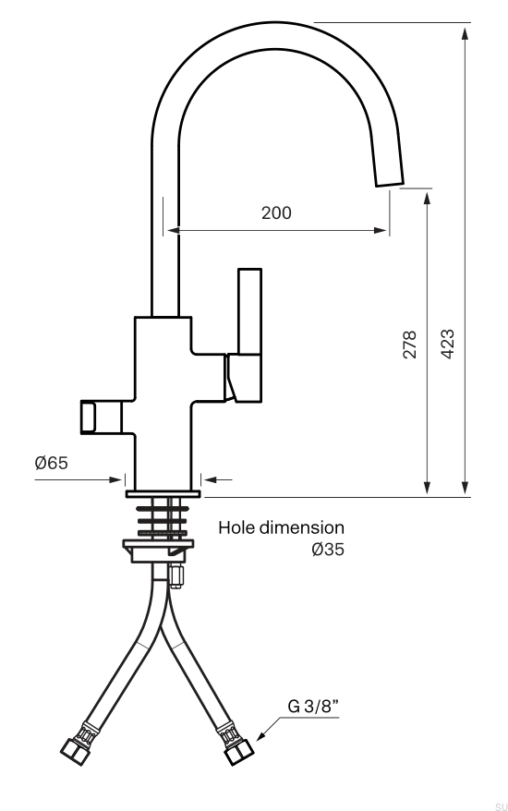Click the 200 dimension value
click(276, 212)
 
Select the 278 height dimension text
click(410, 344)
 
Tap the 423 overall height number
click(447, 344)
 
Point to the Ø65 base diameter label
click(52, 463)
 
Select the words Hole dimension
click(281, 527)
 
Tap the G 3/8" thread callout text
click(310, 707)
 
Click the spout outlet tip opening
click(389, 181)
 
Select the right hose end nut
click(236, 750)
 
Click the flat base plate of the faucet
click(163, 494)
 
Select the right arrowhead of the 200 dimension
click(381, 231)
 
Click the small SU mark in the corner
click(501, 806)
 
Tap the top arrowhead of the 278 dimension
click(428, 197)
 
